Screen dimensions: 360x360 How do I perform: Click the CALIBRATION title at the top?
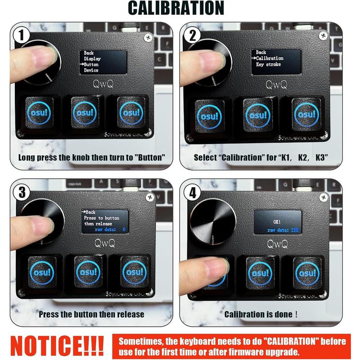[x=175, y=8]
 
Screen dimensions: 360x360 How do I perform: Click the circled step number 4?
[x=193, y=193]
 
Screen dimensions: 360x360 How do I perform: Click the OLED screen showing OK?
[x=277, y=222]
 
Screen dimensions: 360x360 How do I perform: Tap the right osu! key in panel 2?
[x=306, y=115]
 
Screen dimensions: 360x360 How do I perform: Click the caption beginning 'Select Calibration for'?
[x=261, y=158]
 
